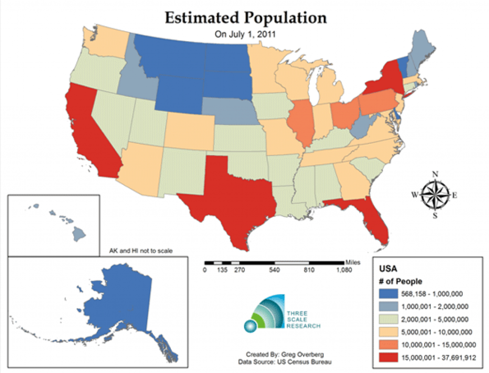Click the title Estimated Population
tap(245, 18)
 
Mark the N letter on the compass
tap(435, 174)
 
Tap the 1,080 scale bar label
tap(344, 270)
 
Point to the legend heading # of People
tap(401, 281)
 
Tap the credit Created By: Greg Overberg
tap(279, 355)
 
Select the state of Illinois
tap(301, 122)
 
